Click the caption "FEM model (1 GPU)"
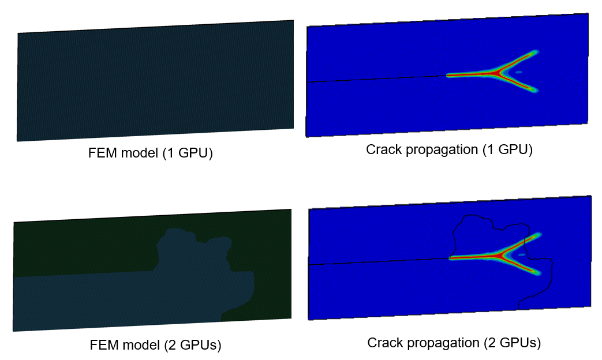point(150,153)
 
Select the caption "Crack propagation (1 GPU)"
point(449,149)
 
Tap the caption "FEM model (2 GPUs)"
point(155,344)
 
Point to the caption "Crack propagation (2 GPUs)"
point(454,342)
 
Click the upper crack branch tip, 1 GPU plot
point(536,51)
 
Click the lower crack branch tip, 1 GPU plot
point(536,91)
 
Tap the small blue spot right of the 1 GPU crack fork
point(519,72)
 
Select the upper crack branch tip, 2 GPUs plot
point(539,234)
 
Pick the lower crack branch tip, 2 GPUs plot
point(538,273)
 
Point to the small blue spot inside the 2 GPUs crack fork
point(521,254)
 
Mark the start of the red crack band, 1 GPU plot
point(448,76)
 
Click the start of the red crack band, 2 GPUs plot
point(450,258)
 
